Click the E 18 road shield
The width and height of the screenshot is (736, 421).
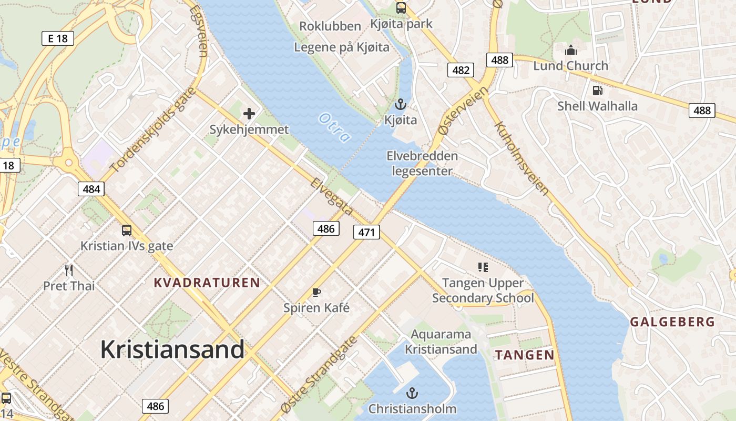(57, 38)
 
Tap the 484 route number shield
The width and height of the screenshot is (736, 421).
(91, 188)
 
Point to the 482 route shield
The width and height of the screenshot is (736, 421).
(461, 70)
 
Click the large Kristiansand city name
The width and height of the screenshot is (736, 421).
(172, 349)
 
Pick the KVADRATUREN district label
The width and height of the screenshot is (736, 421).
(207, 283)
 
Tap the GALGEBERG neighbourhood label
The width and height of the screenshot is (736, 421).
(672, 322)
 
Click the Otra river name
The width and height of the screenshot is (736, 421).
(334, 127)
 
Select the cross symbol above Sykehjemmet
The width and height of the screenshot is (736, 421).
(249, 113)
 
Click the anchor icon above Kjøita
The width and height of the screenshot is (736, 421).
(401, 104)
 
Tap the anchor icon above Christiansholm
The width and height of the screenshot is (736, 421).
(412, 393)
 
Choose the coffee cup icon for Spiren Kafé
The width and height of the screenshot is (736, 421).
(316, 292)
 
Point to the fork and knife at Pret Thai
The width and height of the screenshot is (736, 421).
(69, 270)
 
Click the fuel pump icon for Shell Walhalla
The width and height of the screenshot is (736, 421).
(597, 90)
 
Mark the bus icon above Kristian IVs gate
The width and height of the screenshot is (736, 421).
(127, 230)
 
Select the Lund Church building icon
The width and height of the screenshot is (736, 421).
(570, 51)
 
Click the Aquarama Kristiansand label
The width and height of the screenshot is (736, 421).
(441, 342)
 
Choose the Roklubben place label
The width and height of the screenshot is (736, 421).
(330, 26)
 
